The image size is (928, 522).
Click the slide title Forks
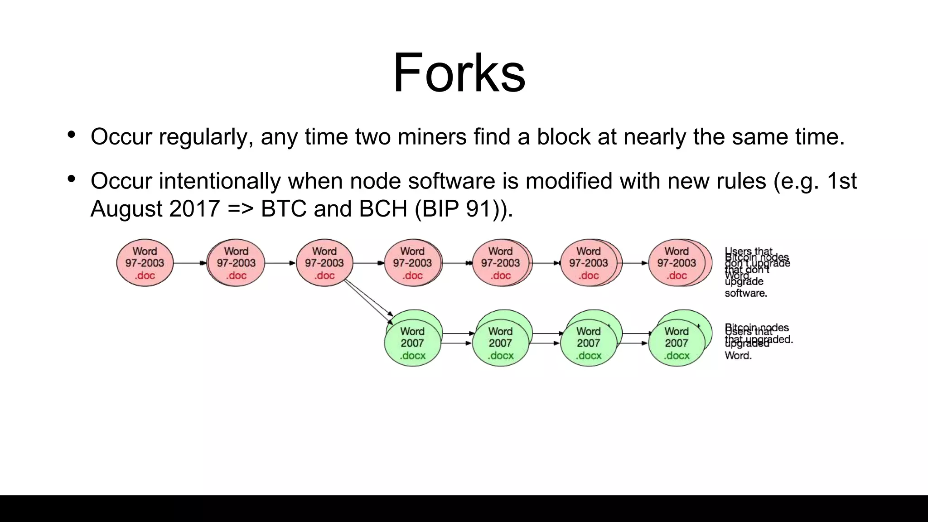point(459,72)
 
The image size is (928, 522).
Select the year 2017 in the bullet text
point(194,209)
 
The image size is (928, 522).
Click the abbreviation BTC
point(283,209)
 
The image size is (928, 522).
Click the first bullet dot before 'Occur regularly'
point(71,135)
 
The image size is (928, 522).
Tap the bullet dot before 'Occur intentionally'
point(71,179)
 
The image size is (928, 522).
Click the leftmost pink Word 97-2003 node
point(145,263)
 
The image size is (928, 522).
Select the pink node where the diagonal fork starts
point(324,263)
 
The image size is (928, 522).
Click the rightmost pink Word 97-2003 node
point(677,263)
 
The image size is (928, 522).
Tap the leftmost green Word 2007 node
point(412,343)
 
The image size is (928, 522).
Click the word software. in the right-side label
point(746,294)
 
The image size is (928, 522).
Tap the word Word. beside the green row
point(738,356)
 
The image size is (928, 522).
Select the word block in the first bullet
point(563,137)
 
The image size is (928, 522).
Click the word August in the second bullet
point(126,209)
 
